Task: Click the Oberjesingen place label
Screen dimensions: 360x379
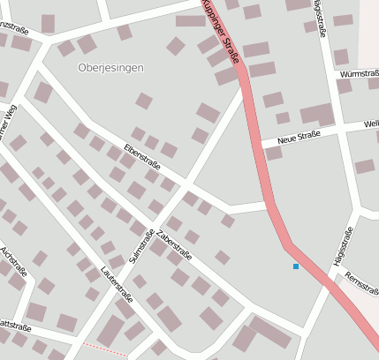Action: click(110, 67)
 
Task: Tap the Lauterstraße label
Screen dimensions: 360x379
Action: click(117, 280)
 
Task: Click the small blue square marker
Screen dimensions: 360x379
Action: click(296, 266)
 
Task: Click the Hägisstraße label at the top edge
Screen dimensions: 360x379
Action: click(318, 16)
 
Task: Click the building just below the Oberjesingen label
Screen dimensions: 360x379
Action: click(144, 101)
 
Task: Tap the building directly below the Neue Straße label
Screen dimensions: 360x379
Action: click(274, 153)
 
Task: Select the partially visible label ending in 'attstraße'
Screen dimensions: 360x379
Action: click(15, 327)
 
